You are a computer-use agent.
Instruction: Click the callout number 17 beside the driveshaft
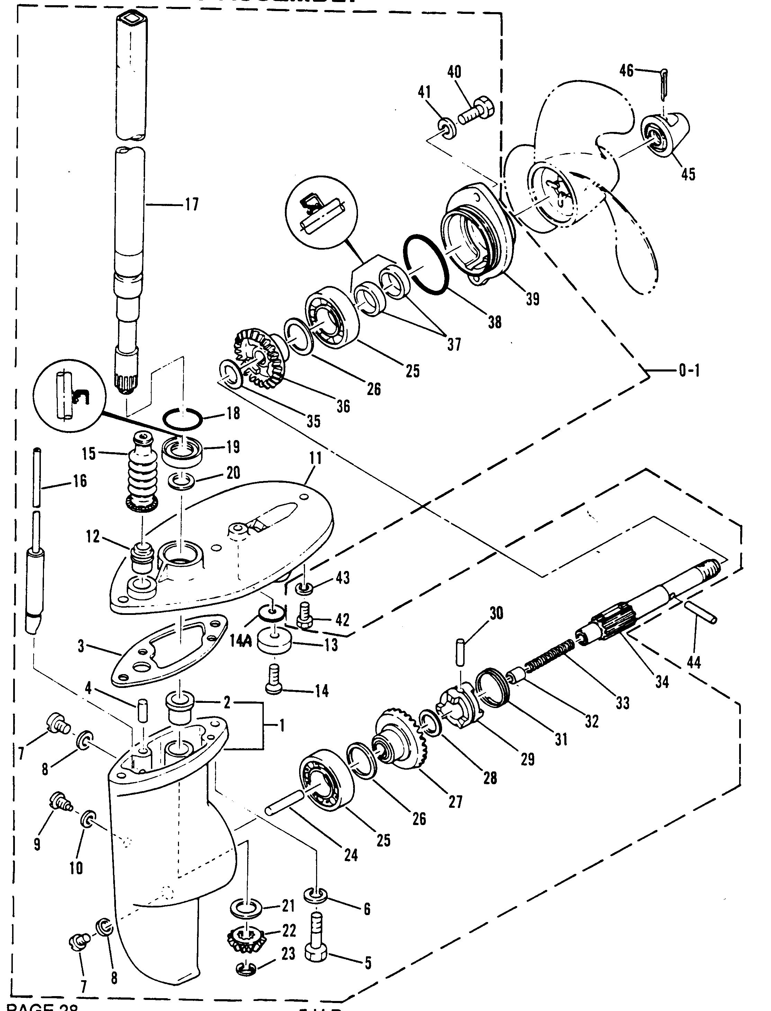(x=191, y=204)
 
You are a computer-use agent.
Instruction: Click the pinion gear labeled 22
(x=248, y=941)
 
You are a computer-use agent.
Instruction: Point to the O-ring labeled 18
(x=182, y=419)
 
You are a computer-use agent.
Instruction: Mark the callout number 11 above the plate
(x=316, y=458)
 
